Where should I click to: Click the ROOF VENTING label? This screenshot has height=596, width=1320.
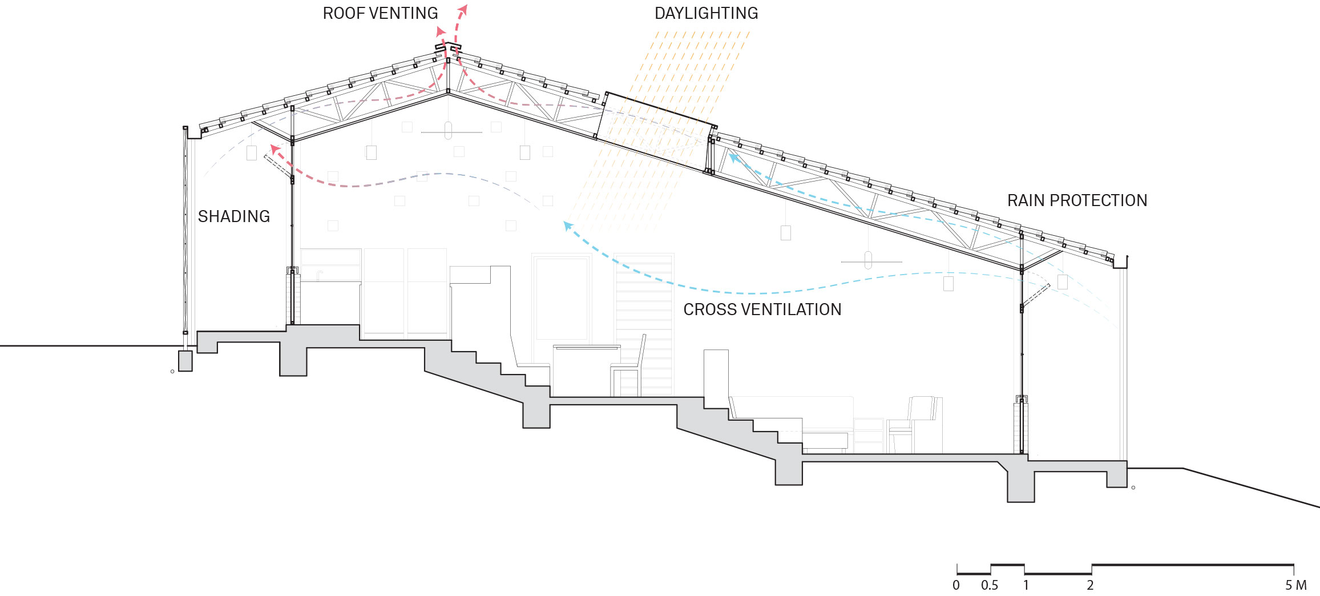(380, 13)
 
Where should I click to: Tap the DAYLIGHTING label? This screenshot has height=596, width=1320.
(706, 13)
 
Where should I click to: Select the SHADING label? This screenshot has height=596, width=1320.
(234, 216)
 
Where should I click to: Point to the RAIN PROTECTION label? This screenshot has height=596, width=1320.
(1077, 200)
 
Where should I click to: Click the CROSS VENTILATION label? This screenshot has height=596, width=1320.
(762, 309)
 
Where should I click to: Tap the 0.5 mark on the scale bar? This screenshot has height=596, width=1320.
(990, 585)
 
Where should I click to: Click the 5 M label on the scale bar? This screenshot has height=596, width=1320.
(1296, 585)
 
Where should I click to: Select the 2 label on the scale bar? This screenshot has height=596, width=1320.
(1090, 585)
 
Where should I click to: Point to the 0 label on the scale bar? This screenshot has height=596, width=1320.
(956, 585)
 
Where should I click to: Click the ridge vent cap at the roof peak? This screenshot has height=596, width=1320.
(448, 47)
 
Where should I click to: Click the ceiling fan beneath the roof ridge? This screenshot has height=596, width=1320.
(449, 131)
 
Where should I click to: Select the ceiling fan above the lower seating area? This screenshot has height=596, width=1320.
(869, 260)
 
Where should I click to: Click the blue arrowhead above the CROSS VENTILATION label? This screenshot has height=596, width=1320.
(568, 226)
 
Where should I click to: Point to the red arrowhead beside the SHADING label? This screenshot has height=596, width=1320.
(275, 150)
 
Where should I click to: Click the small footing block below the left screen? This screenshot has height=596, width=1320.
(185, 361)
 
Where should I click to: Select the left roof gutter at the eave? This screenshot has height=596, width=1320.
(193, 132)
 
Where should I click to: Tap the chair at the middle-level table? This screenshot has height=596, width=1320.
(629, 365)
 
